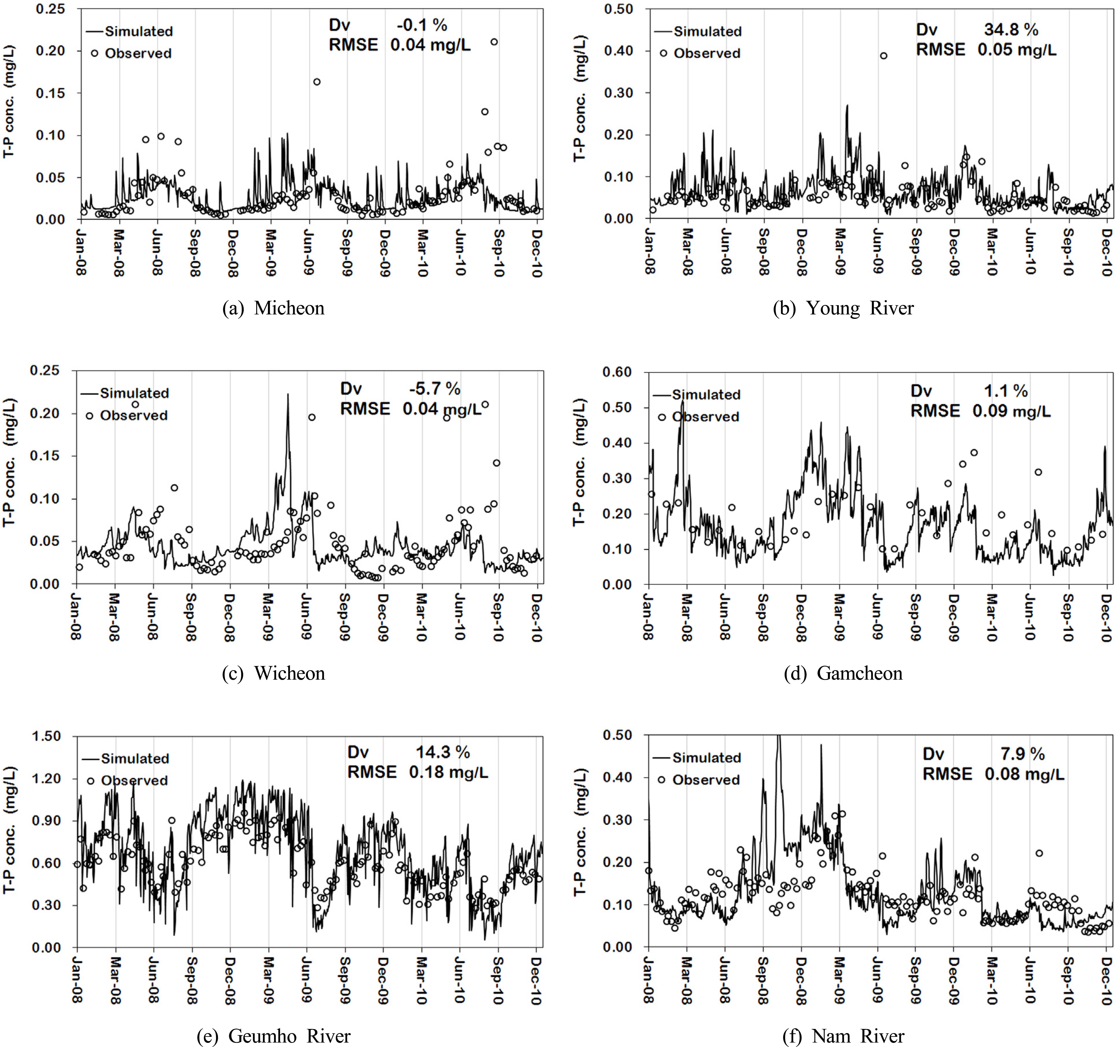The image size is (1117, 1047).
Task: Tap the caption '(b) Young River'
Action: pos(843,308)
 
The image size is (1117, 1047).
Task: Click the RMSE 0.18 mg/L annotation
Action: pos(418,772)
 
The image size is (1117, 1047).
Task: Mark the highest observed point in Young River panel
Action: pos(883,56)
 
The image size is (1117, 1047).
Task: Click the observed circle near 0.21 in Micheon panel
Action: pos(494,42)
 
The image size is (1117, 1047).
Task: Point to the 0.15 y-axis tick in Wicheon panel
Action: pos(44,456)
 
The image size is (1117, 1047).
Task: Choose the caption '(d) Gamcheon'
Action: pos(843,673)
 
